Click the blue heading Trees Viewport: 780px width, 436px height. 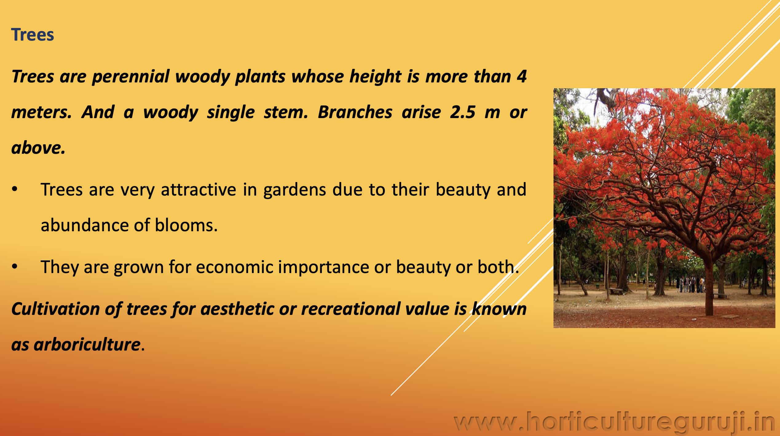pos(33,34)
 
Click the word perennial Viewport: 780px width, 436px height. pos(131,77)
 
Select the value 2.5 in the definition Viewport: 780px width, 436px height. pos(463,112)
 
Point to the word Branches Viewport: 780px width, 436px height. pos(355,112)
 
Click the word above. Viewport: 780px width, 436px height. pos(38,148)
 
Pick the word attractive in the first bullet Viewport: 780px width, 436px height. pos(199,189)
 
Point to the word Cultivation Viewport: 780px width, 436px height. pos(56,309)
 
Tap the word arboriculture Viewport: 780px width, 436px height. pos(87,344)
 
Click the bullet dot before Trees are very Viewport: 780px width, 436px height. pos(14,189)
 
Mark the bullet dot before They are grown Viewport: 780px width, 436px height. pos(14,267)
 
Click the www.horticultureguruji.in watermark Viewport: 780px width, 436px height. pos(615,423)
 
